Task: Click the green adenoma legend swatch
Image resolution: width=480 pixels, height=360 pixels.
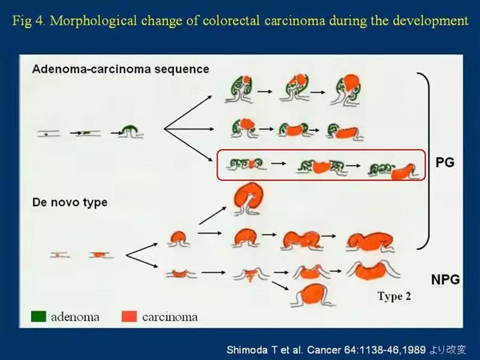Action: point(38,316)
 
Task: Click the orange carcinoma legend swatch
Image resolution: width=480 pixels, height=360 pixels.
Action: point(130,316)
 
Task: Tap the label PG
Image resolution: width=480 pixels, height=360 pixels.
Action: point(445,162)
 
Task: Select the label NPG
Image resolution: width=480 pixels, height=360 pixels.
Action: point(445,279)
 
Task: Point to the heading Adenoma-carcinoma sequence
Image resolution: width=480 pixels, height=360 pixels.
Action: point(121,69)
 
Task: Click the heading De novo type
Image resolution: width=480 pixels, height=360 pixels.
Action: point(69,202)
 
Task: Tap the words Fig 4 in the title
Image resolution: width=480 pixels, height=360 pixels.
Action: point(28,21)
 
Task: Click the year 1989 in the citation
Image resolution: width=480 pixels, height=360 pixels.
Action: point(413,350)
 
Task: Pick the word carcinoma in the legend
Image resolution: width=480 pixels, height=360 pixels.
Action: point(170,317)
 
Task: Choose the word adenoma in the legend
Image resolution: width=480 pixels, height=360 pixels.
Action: point(75,317)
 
